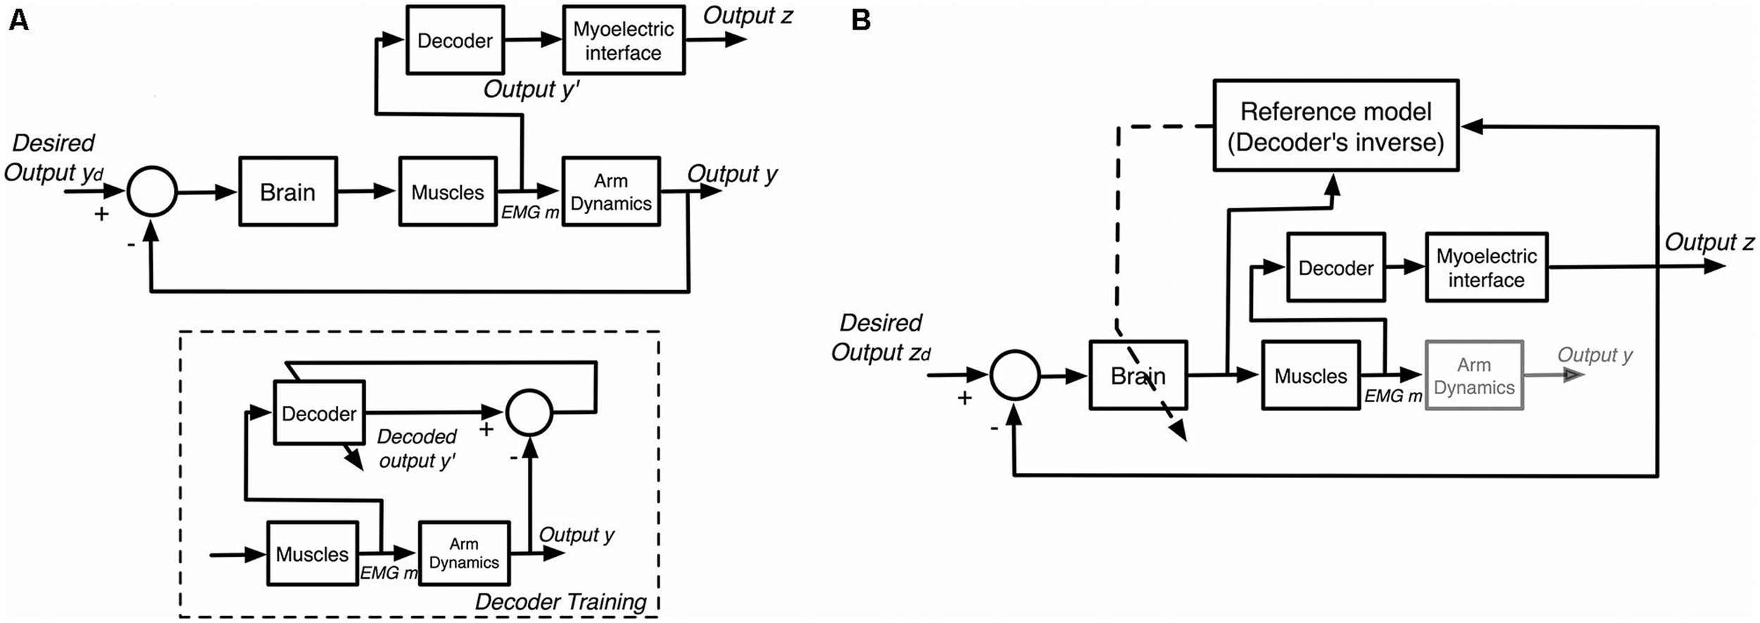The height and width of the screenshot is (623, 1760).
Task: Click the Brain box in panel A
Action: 287,191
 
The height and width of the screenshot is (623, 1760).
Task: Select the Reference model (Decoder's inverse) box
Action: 1335,126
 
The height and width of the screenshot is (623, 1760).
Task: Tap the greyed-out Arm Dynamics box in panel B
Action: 1474,376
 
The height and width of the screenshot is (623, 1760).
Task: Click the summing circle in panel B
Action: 1014,376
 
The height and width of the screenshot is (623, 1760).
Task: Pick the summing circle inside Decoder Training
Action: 529,413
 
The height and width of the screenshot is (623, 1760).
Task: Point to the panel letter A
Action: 18,21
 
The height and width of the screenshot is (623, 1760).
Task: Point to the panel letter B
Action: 860,21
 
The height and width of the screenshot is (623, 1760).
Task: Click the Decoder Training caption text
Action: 560,602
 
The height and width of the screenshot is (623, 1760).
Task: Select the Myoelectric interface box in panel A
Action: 623,40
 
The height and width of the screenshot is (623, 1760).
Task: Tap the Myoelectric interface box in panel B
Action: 1486,268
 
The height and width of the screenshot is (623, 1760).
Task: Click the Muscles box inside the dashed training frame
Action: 312,554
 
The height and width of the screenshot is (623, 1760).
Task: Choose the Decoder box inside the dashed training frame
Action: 319,413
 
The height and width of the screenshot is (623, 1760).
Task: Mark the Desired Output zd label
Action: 880,337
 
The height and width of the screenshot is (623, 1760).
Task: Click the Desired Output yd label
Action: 54,158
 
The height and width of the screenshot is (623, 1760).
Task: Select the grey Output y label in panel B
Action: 1594,355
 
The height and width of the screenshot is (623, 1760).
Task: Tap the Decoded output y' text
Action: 417,448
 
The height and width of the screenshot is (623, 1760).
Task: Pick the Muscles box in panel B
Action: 1310,376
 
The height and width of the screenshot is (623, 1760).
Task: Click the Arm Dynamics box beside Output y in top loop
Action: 610,191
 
